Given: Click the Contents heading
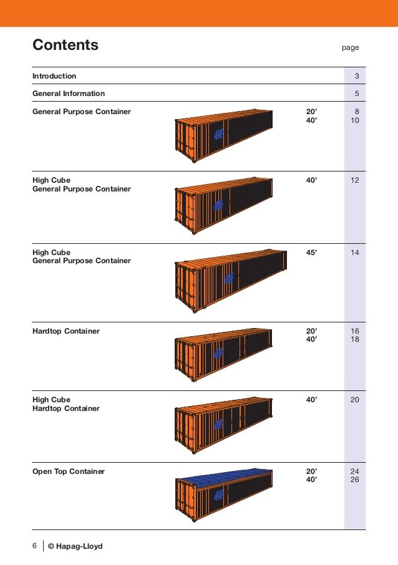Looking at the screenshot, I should click(x=66, y=45).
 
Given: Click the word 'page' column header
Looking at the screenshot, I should click(x=351, y=47).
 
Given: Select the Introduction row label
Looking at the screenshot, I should click(x=54, y=76).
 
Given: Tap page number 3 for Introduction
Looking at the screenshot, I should click(x=356, y=76).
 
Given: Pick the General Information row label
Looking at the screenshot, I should click(x=69, y=94).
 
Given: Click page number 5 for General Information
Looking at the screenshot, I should click(x=356, y=94).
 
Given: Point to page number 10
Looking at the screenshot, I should click(x=355, y=120).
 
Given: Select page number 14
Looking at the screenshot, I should click(x=355, y=253).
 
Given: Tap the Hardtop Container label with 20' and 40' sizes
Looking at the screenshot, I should click(x=66, y=331).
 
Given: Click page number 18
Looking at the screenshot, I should click(x=355, y=340).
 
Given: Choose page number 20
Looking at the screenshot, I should click(x=355, y=400).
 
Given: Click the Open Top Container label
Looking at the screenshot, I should click(x=69, y=471).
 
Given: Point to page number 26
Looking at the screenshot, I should click(x=355, y=480).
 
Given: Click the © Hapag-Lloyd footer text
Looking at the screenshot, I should click(x=75, y=546).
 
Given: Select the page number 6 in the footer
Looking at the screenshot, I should click(x=35, y=546).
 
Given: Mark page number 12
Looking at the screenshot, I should click(x=355, y=180).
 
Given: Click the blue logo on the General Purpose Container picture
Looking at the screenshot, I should click(x=218, y=134).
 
